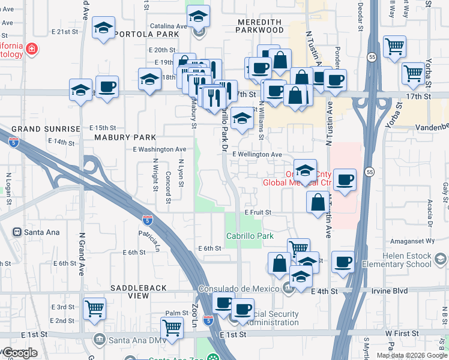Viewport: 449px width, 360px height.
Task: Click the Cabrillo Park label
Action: click(250, 236)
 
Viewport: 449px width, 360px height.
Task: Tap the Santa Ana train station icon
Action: click(18, 232)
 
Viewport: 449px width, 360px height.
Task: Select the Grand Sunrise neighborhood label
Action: click(46, 129)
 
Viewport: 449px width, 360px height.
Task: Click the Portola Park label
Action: click(149, 35)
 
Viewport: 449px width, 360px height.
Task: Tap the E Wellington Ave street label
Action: click(257, 154)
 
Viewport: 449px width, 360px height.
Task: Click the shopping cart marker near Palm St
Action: click(172, 328)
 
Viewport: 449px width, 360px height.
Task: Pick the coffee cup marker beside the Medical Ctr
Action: click(345, 179)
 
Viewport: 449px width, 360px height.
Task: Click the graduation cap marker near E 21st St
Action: click(103, 28)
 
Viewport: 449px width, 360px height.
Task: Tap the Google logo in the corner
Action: click(20, 353)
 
